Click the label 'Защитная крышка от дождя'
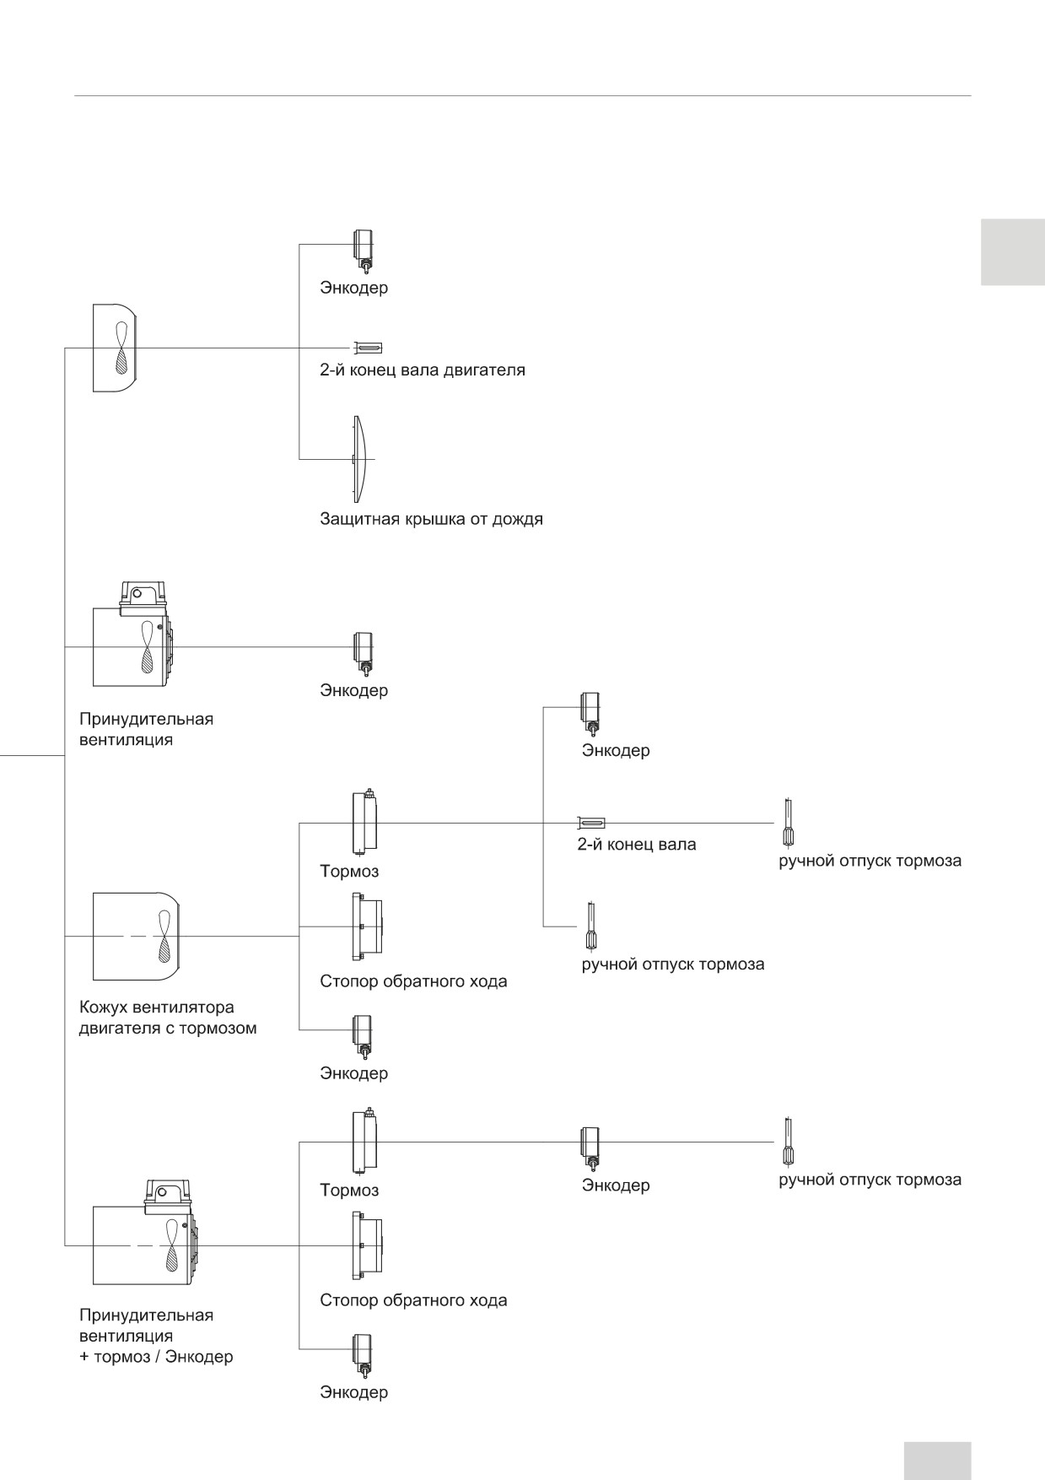click(x=431, y=519)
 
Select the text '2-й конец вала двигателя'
click(x=423, y=370)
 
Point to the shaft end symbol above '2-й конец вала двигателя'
click(x=368, y=348)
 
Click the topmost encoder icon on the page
click(x=364, y=251)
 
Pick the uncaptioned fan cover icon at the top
click(x=115, y=348)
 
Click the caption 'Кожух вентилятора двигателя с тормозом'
click(x=168, y=1018)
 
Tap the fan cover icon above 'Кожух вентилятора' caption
click(x=135, y=936)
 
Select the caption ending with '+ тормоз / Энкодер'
click(x=156, y=1336)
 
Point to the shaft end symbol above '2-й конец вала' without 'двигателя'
click(x=591, y=823)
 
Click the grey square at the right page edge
click(x=1012, y=252)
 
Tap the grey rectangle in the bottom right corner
click(x=937, y=1460)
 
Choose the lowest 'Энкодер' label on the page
click(x=353, y=1391)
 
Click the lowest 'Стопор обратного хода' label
click(x=413, y=1299)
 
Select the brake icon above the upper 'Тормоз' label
click(x=364, y=821)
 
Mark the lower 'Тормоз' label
click(x=349, y=1190)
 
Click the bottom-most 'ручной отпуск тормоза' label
click(x=870, y=1179)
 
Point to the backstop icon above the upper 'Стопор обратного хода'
click(x=367, y=926)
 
